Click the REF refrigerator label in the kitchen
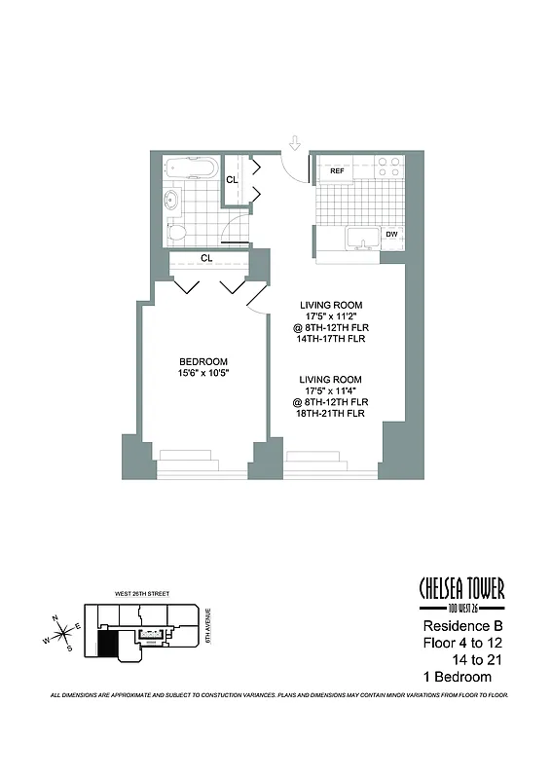338,171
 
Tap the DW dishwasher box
390,235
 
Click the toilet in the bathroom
175,232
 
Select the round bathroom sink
172,203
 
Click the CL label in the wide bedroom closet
207,258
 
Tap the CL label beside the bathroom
233,180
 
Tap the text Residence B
460,626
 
